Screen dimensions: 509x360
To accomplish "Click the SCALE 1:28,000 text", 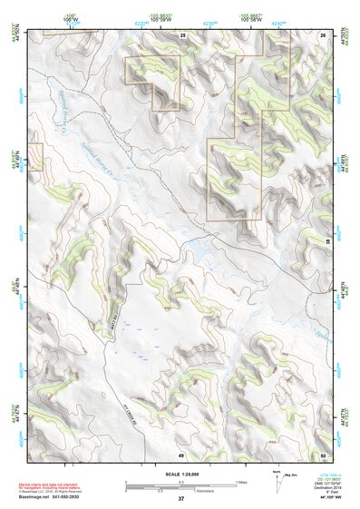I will point(180,475).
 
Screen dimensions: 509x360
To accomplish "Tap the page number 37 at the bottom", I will point(181,499).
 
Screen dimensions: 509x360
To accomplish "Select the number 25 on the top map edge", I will point(182,34).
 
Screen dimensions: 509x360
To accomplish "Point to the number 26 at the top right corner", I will point(324,34).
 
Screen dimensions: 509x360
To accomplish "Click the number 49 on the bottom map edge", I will point(181,454).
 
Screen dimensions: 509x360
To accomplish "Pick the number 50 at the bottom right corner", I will point(324,454).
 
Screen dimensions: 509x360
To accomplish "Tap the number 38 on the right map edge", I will point(327,241).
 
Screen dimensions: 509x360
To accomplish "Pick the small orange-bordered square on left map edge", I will point(34,156).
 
